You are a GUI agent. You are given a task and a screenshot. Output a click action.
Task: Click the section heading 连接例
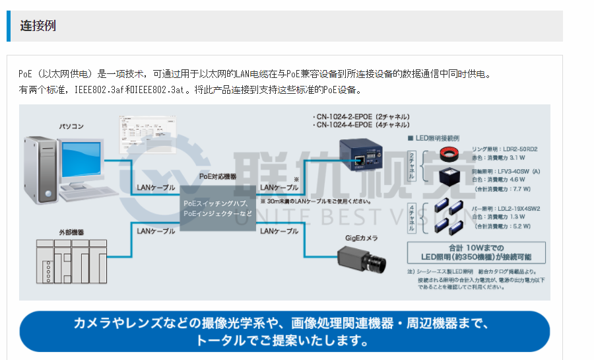(38, 26)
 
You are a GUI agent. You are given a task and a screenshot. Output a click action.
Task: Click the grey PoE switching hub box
(218, 208)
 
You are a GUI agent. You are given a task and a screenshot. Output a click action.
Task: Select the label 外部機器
(71, 233)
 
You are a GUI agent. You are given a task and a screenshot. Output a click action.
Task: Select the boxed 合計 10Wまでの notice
(478, 252)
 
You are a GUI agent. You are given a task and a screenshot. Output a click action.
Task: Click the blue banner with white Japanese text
(284, 332)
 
